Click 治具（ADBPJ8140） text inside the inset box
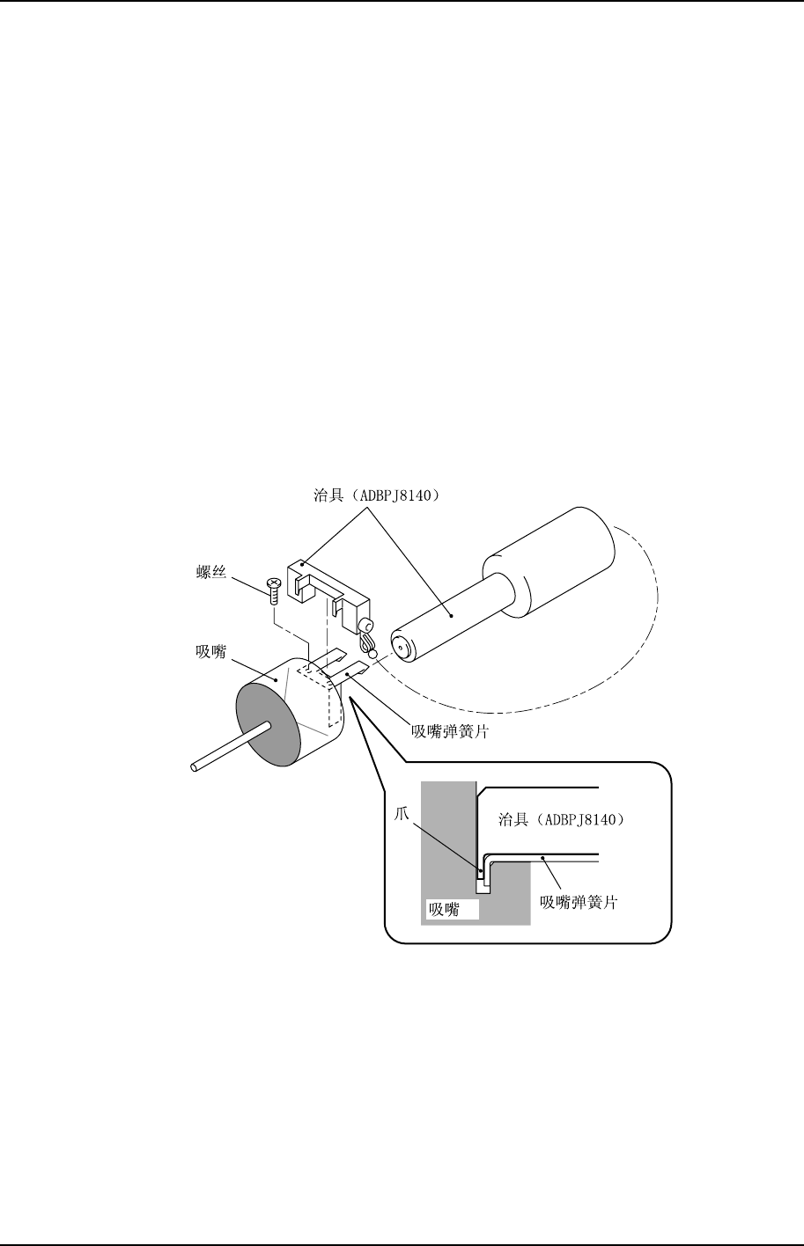[x=561, y=819]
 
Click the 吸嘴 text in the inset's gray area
[x=444, y=909]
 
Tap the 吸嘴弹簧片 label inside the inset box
[x=579, y=903]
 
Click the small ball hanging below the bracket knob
[x=372, y=654]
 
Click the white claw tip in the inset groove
[x=483, y=886]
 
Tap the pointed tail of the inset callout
[x=353, y=700]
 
